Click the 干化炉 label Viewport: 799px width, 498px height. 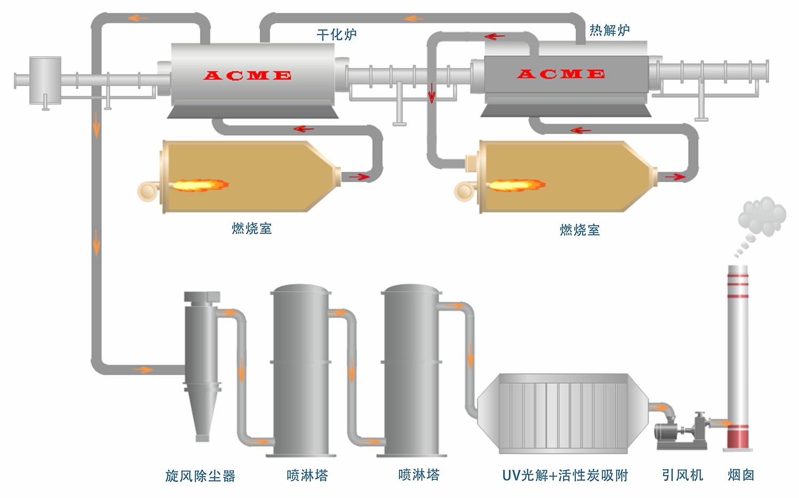[336, 35]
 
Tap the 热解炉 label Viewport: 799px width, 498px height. [609, 30]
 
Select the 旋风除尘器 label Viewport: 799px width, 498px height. [200, 476]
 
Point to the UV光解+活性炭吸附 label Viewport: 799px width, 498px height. [565, 475]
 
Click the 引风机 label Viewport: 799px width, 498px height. [682, 475]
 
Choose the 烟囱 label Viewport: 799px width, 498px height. [741, 475]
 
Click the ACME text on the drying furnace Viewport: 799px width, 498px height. [248, 76]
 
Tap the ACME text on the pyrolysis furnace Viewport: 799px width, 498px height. [561, 74]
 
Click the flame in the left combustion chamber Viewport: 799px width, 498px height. [200, 185]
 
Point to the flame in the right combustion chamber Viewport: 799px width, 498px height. [516, 185]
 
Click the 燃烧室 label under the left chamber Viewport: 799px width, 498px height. [251, 229]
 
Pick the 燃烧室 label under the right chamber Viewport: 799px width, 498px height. [580, 230]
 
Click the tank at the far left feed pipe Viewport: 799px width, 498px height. [45, 80]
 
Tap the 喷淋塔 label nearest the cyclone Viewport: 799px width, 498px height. [307, 475]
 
